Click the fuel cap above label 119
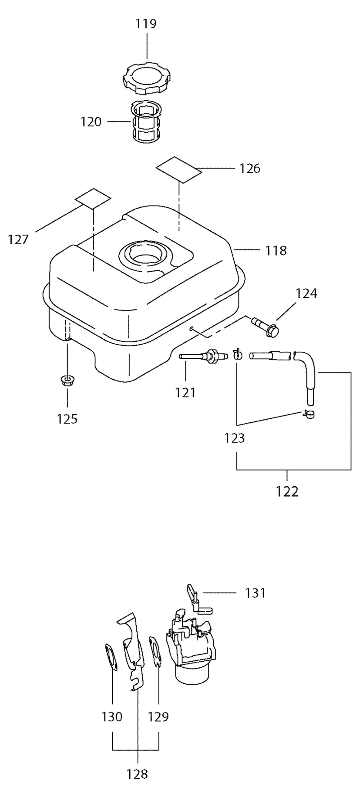click(x=147, y=80)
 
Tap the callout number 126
click(x=250, y=168)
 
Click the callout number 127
click(x=18, y=240)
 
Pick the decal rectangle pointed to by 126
click(x=179, y=170)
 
